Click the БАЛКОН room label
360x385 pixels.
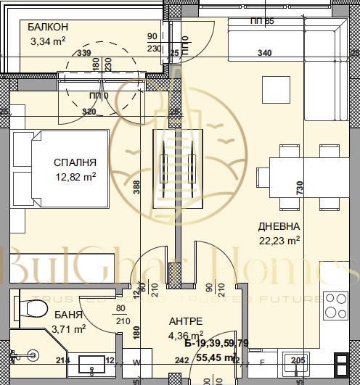pyautogui.click(x=49, y=28)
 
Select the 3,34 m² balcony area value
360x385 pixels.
pyautogui.click(x=48, y=41)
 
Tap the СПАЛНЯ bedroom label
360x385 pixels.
pyautogui.click(x=74, y=162)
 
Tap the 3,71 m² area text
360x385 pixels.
pyautogui.click(x=69, y=328)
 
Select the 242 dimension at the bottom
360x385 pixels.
pyautogui.click(x=182, y=358)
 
